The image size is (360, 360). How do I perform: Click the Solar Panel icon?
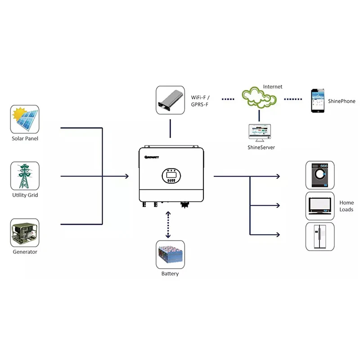25,119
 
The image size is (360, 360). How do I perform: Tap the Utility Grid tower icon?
25,176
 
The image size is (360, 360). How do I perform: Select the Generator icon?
25,233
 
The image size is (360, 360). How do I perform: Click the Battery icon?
170,255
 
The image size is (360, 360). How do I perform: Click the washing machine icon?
320,175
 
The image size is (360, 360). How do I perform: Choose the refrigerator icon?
320,236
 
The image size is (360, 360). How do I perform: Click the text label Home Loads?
346,206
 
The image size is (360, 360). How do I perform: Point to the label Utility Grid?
25,195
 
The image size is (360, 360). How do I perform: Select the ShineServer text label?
261,148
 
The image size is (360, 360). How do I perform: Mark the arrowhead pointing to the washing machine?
279,176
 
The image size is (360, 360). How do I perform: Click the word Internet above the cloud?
273,86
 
